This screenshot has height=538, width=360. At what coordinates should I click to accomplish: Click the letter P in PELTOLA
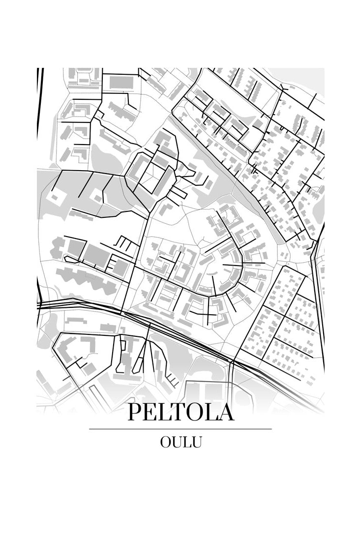(x=134, y=412)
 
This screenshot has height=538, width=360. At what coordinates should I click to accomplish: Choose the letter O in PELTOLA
(x=196, y=412)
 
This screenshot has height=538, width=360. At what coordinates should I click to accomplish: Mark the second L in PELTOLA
(x=212, y=412)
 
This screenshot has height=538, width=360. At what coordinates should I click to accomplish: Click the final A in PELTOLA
(x=226, y=412)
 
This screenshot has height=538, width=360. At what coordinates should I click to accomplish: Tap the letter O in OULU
(x=165, y=442)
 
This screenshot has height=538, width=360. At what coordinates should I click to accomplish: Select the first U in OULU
(x=177, y=442)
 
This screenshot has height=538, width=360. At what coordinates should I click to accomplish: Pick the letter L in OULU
(x=187, y=442)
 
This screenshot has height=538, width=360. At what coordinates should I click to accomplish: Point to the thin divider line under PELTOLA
(x=180, y=429)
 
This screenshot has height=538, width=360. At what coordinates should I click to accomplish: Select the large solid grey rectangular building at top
(x=121, y=82)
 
